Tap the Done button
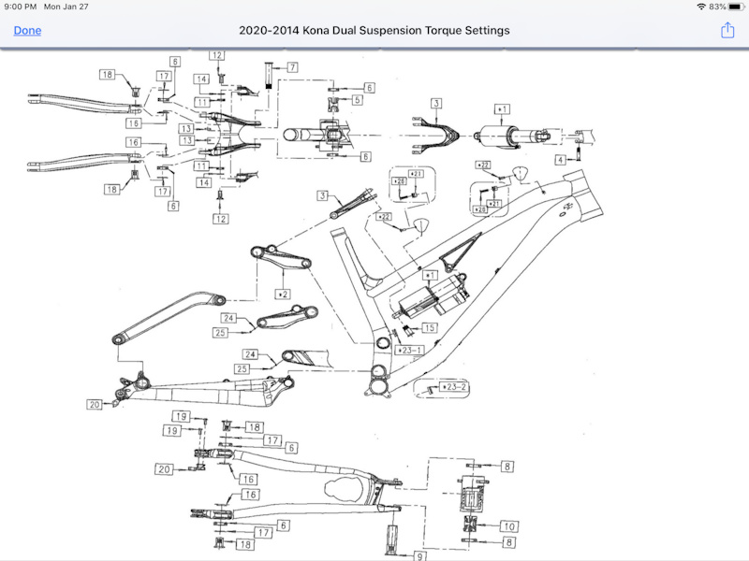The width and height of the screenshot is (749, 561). [x=27, y=30]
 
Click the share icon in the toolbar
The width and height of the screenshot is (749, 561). [x=727, y=30]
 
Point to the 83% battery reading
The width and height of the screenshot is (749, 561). [x=719, y=7]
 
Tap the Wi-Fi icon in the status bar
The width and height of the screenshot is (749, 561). [x=701, y=7]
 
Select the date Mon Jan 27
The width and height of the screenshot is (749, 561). [x=66, y=7]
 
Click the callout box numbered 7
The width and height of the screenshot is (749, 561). [x=292, y=67]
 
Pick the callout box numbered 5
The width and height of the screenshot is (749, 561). [x=357, y=100]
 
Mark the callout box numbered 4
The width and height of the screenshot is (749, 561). [x=560, y=161]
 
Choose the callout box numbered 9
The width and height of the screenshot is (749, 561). [x=422, y=555]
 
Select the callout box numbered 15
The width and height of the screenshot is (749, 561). [x=429, y=328]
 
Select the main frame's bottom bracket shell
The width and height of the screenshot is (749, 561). [x=379, y=382]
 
